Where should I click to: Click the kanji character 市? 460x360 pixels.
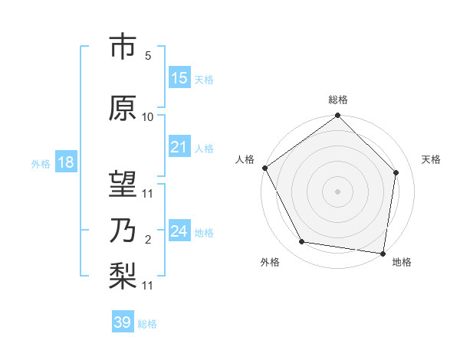click(x=123, y=47)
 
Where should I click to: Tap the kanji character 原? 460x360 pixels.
click(x=123, y=108)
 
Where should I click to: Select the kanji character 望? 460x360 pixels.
click(x=123, y=184)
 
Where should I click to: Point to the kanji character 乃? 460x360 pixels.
click(x=123, y=231)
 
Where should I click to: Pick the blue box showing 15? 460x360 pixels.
click(x=179, y=78)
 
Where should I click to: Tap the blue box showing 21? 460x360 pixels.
click(x=179, y=147)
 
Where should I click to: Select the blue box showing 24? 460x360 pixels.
click(x=179, y=231)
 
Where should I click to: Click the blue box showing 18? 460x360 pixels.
click(x=65, y=162)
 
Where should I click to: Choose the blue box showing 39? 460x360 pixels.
click(x=123, y=322)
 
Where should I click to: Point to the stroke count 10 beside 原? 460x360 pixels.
click(x=148, y=117)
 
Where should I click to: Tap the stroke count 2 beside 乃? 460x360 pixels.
click(x=147, y=240)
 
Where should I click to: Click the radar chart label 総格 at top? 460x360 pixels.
click(x=337, y=100)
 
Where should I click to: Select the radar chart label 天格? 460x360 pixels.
click(x=431, y=159)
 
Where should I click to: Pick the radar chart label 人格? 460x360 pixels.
click(x=245, y=159)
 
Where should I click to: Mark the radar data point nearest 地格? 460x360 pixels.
click(x=383, y=253)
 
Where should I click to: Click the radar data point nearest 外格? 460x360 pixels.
click(x=301, y=242)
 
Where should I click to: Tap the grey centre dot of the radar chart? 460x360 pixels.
click(x=337, y=191)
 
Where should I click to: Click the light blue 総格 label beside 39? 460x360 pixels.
click(x=147, y=324)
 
